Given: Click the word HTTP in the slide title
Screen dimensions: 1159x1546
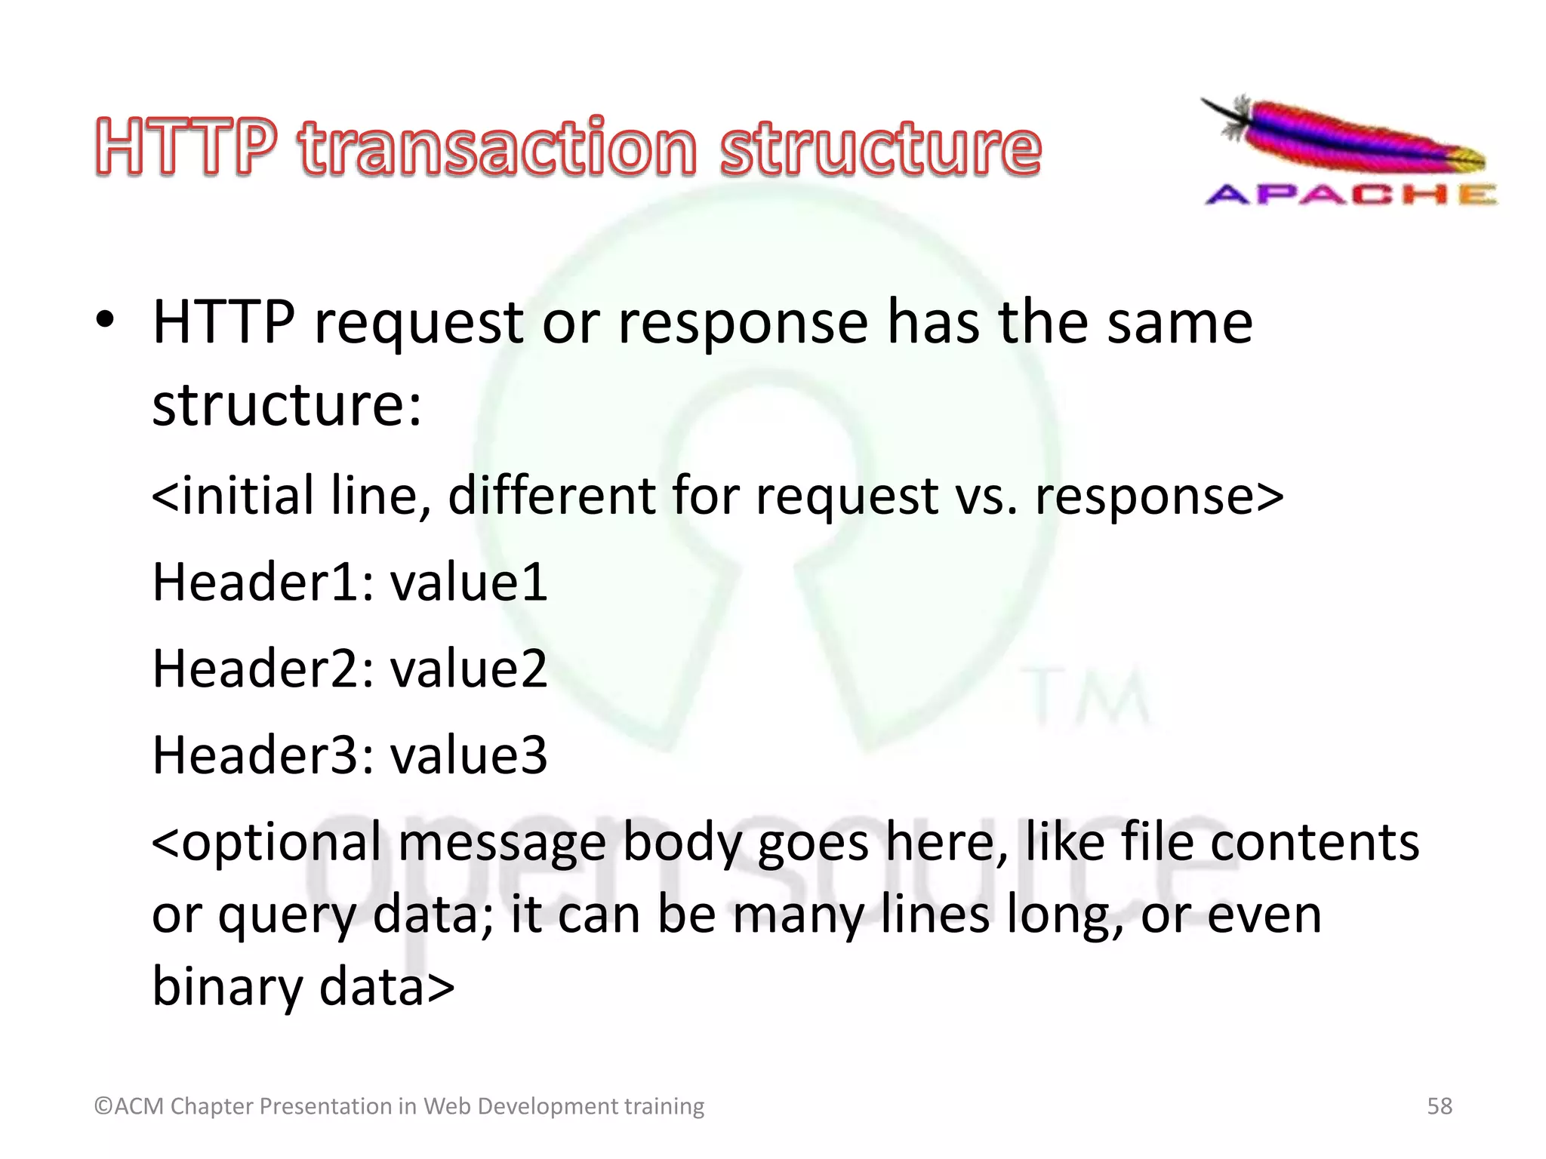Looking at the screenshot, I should (x=186, y=146).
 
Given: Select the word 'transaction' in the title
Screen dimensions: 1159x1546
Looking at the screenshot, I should (x=497, y=146).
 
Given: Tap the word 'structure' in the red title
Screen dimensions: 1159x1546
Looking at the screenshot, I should (x=880, y=146).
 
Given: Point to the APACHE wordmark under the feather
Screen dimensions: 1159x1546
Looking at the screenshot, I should (x=1350, y=195).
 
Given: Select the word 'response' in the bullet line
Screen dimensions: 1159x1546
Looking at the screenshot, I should (x=743, y=322).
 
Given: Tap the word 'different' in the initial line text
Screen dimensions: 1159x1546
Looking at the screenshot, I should (x=553, y=496).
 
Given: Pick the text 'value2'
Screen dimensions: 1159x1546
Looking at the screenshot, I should (x=469, y=669).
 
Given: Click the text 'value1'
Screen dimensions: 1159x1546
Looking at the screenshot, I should (x=469, y=582).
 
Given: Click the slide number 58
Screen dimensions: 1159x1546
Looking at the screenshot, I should (x=1439, y=1106).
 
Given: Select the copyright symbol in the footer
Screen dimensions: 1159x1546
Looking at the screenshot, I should (x=103, y=1106).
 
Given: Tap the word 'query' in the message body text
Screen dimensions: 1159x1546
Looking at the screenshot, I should (x=287, y=916).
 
